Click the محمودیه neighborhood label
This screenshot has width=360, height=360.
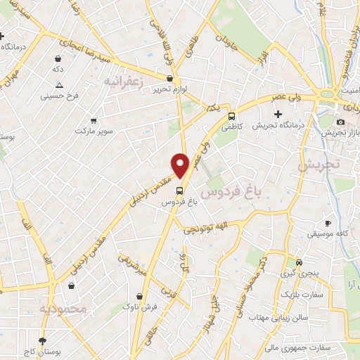[63, 308]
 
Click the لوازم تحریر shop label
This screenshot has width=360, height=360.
[170, 91]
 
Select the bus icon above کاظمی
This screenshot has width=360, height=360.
[231, 117]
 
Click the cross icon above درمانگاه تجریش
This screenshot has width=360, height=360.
[278, 114]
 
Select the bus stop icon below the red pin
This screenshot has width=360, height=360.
[179, 190]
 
